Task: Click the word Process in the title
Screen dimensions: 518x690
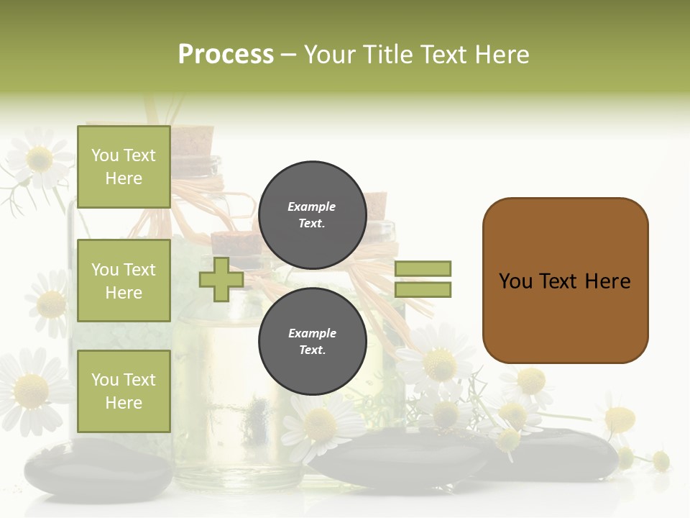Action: (226, 55)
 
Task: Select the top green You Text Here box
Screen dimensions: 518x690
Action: (124, 167)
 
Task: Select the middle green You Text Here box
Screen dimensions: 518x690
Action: (124, 281)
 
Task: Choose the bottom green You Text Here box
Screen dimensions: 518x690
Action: (124, 391)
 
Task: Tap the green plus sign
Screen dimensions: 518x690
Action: (221, 279)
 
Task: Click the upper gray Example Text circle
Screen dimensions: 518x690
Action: (313, 214)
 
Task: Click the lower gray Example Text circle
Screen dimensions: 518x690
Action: (313, 341)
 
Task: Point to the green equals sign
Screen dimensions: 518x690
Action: (423, 279)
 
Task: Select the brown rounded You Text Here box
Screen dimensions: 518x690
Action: (565, 281)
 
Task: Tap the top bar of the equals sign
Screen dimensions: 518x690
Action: (423, 268)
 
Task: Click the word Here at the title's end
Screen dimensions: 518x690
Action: (502, 55)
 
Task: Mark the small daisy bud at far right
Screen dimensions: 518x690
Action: (660, 460)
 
